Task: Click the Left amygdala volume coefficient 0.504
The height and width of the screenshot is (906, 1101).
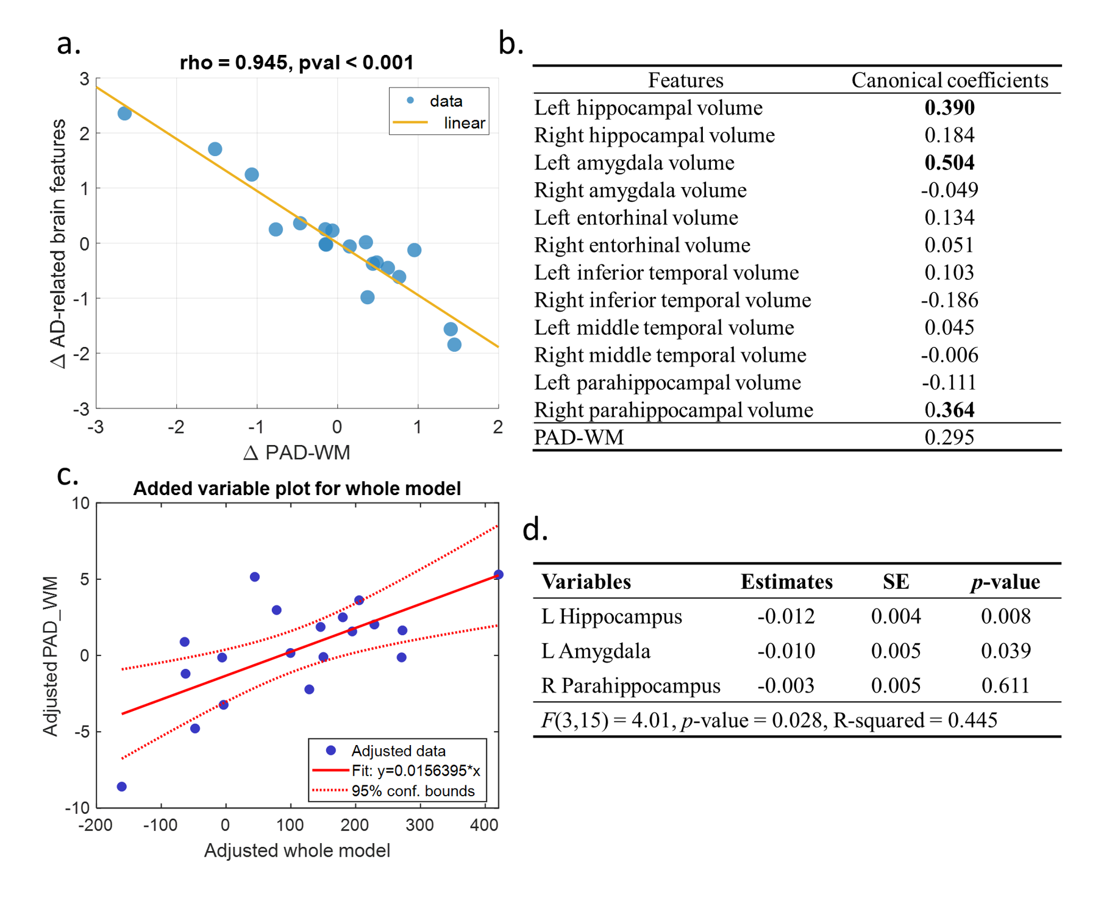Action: click(949, 163)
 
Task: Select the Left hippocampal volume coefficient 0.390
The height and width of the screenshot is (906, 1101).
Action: click(949, 108)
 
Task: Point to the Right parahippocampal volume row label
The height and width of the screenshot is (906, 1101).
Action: click(673, 410)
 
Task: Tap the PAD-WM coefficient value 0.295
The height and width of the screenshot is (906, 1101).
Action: click(949, 438)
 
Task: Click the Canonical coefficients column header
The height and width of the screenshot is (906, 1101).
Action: click(949, 80)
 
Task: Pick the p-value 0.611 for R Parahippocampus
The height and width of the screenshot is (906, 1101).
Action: click(1005, 686)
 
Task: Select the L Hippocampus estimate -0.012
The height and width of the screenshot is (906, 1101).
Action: click(785, 616)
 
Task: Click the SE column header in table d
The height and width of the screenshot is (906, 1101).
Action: click(896, 582)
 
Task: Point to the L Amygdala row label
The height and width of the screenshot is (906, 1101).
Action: click(595, 651)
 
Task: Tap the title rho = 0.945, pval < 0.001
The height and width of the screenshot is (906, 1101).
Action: click(296, 62)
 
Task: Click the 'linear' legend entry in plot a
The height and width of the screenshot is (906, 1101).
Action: click(464, 123)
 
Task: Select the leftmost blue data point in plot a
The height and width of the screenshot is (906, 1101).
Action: click(124, 113)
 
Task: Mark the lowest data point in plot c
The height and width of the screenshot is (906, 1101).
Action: click(122, 787)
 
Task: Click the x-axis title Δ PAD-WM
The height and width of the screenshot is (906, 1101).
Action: click(296, 453)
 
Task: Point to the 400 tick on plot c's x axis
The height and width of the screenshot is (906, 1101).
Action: click(484, 826)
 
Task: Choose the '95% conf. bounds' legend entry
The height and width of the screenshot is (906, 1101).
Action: click(413, 791)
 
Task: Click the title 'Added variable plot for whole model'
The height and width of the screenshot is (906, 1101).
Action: click(297, 488)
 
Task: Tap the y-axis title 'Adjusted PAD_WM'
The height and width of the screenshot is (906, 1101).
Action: click(51, 656)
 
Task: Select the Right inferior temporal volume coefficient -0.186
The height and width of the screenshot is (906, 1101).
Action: click(949, 300)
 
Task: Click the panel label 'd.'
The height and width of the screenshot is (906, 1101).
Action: click(535, 529)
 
